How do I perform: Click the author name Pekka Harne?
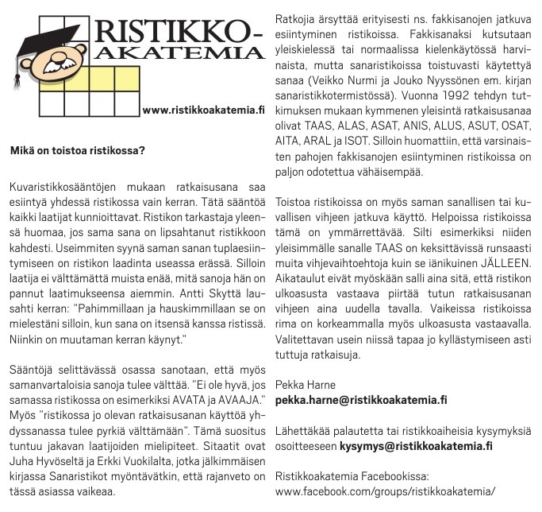[x=305, y=385]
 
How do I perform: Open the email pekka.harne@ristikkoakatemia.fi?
[x=360, y=400]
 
